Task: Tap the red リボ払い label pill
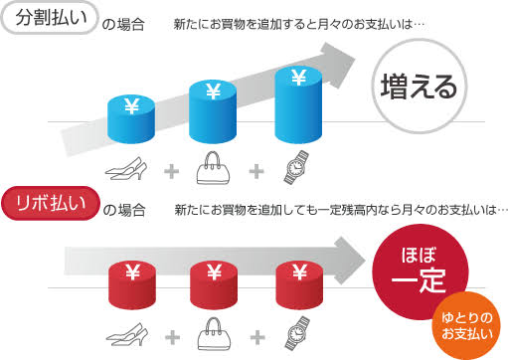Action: coord(57,206)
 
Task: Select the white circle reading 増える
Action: coord(419,86)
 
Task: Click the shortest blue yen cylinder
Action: coord(129,118)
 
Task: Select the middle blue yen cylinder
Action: coord(214,110)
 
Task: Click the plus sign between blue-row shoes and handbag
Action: coord(172,171)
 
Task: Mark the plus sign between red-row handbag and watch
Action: coord(256,335)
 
